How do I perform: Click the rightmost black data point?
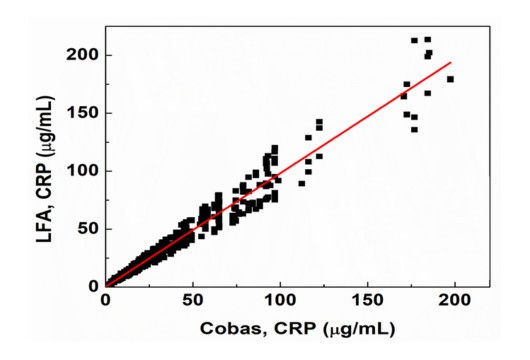[x=450, y=79]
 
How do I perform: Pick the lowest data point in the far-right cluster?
[x=414, y=129]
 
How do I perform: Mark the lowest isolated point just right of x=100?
[x=301, y=183]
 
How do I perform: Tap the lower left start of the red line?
[x=106, y=285]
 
